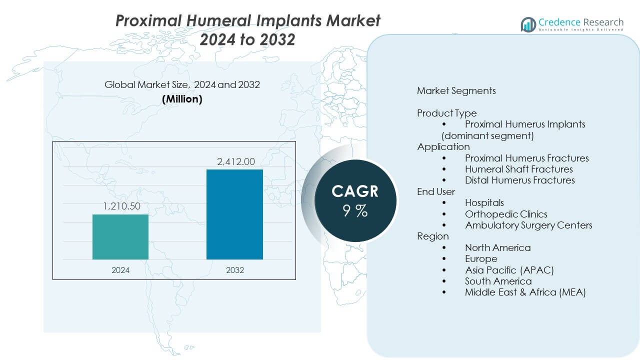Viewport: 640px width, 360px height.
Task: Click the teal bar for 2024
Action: [120, 237]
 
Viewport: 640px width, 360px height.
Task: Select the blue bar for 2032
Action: [234, 214]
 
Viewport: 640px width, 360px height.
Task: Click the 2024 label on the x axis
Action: [120, 270]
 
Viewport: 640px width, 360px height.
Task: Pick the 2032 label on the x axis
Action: [234, 270]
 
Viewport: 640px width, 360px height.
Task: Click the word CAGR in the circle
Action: [355, 191]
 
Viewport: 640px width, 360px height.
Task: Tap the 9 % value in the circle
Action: [355, 211]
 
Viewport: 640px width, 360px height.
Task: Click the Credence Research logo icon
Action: [528, 24]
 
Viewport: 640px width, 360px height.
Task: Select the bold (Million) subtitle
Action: [182, 99]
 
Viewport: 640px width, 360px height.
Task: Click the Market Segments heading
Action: [456, 90]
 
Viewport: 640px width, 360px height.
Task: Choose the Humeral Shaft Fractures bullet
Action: [518, 169]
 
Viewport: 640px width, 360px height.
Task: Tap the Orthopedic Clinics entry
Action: [506, 214]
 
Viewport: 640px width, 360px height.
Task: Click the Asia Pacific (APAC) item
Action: [509, 270]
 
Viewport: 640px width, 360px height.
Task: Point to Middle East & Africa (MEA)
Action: [525, 292]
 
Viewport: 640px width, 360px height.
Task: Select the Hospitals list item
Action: [484, 202]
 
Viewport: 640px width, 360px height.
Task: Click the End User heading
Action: [436, 191]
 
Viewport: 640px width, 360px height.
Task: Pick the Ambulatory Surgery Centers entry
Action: [528, 225]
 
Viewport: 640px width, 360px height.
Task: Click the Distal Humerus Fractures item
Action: [519, 180]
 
